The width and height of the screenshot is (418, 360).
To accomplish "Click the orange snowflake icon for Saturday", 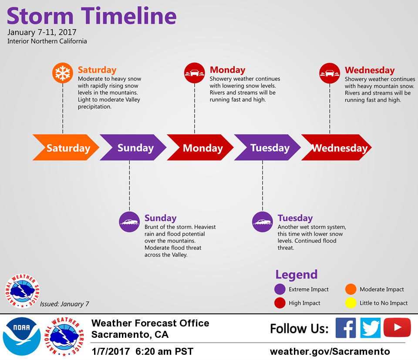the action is (63, 73).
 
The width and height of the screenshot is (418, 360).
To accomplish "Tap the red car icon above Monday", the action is (195, 73).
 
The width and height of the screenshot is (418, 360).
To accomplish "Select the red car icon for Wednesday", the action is (330, 73).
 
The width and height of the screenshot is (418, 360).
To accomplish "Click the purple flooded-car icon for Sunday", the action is (129, 222).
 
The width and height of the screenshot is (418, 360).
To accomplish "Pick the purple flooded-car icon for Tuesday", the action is (263, 222).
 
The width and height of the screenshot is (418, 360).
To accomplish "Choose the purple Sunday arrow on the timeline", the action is (133, 148).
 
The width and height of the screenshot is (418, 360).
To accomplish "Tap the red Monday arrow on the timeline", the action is (200, 148).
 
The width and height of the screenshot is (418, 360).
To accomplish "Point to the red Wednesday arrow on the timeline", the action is (337, 148).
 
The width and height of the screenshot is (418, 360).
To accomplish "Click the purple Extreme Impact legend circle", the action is (280, 289).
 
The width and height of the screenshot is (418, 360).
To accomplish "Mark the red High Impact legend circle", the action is (280, 303).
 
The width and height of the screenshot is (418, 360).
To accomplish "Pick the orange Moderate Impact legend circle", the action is (351, 289).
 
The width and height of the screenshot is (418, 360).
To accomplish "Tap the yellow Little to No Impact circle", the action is (351, 303).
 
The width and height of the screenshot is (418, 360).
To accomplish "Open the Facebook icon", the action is (346, 328).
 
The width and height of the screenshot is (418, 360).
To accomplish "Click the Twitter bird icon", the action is (371, 328).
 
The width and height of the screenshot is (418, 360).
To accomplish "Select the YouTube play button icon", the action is (397, 327).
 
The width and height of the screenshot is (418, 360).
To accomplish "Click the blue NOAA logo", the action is (22, 336).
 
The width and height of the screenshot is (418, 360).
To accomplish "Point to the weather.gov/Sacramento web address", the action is (330, 351).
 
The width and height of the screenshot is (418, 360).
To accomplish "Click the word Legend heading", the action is (297, 275).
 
